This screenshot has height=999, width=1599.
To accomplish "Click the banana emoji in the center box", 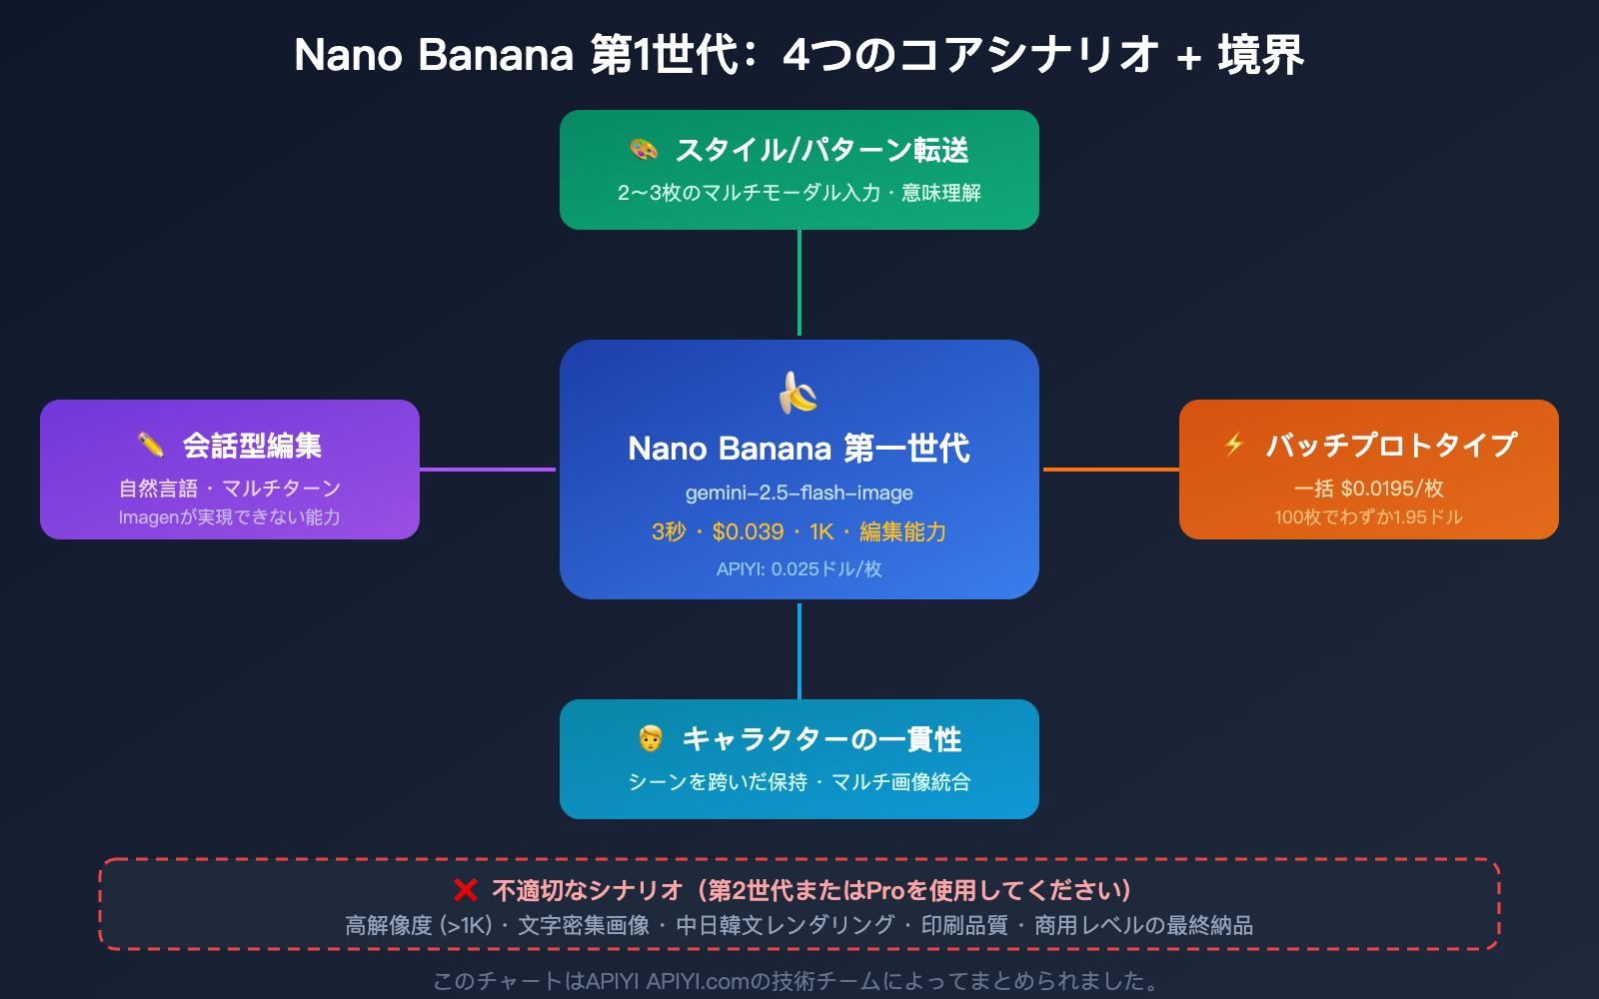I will (x=799, y=393).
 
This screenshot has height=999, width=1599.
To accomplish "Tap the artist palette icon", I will (x=644, y=150).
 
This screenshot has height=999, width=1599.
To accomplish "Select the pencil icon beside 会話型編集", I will (x=151, y=445).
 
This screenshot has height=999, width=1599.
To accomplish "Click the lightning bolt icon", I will (x=1234, y=445).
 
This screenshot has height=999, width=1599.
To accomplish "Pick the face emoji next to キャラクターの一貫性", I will (x=651, y=738).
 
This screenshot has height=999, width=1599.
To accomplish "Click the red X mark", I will (x=465, y=890).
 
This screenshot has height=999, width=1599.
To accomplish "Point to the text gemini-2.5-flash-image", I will (x=799, y=493).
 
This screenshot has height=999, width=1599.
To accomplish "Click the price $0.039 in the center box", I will (x=748, y=531).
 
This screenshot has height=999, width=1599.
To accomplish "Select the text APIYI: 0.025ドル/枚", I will (x=799, y=569).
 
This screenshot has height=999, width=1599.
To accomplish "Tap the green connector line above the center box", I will (x=799, y=284).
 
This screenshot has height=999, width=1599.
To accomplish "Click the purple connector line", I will (x=488, y=469).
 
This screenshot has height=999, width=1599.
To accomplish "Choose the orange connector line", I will (x=1110, y=469).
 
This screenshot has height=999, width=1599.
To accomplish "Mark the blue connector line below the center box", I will (x=799, y=650).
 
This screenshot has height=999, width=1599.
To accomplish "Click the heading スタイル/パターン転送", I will (x=821, y=150).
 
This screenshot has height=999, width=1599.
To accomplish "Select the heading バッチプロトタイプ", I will (x=1391, y=445).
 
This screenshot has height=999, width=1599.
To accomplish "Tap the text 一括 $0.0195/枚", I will (x=1368, y=489).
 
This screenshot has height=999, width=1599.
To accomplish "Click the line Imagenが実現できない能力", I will (x=229, y=517).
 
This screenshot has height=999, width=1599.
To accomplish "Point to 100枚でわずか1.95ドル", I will (x=1368, y=517).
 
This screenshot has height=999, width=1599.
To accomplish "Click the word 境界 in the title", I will (x=1260, y=55).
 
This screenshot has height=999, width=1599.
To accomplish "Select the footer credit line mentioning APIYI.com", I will (x=797, y=981).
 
